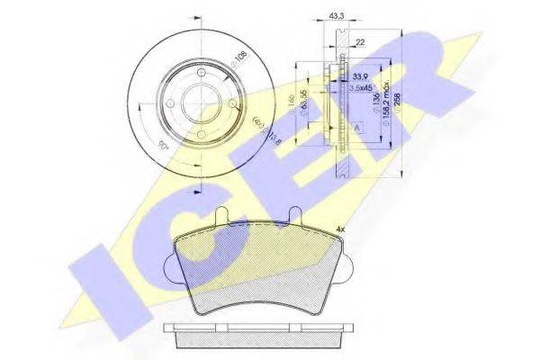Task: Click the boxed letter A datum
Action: coord(359,130)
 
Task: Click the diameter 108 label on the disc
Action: coord(239,60)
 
